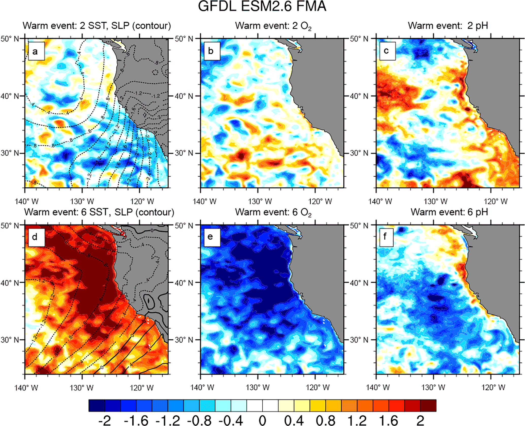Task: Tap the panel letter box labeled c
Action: [387, 51]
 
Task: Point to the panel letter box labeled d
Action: [36, 237]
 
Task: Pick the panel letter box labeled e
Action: [211, 237]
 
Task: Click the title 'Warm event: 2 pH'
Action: [448, 26]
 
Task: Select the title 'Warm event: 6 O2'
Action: [273, 212]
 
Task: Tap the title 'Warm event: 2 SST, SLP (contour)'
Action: [97, 26]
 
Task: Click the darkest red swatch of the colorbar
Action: [428, 405]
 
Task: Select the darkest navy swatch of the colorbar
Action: [97, 405]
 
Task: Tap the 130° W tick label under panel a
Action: [82, 202]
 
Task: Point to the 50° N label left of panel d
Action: [10, 225]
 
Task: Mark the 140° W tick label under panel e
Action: [202, 387]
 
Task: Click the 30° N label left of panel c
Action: [359, 153]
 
